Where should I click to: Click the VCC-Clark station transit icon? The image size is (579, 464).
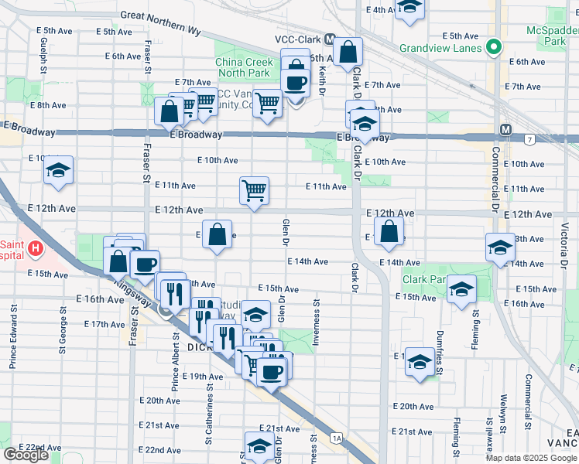[x=330, y=39]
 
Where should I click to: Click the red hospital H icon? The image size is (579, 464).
[x=35, y=249]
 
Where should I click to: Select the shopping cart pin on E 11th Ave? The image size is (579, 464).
[x=255, y=190]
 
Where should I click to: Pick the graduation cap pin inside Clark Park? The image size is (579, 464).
[x=461, y=290]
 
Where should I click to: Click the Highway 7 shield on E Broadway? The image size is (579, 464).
[x=529, y=139]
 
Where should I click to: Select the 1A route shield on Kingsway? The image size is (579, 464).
[x=336, y=438]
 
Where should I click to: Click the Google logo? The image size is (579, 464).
[x=26, y=455]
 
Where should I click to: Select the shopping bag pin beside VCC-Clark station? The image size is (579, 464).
[x=349, y=53]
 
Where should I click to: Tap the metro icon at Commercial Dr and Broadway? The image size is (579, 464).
[x=505, y=129]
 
